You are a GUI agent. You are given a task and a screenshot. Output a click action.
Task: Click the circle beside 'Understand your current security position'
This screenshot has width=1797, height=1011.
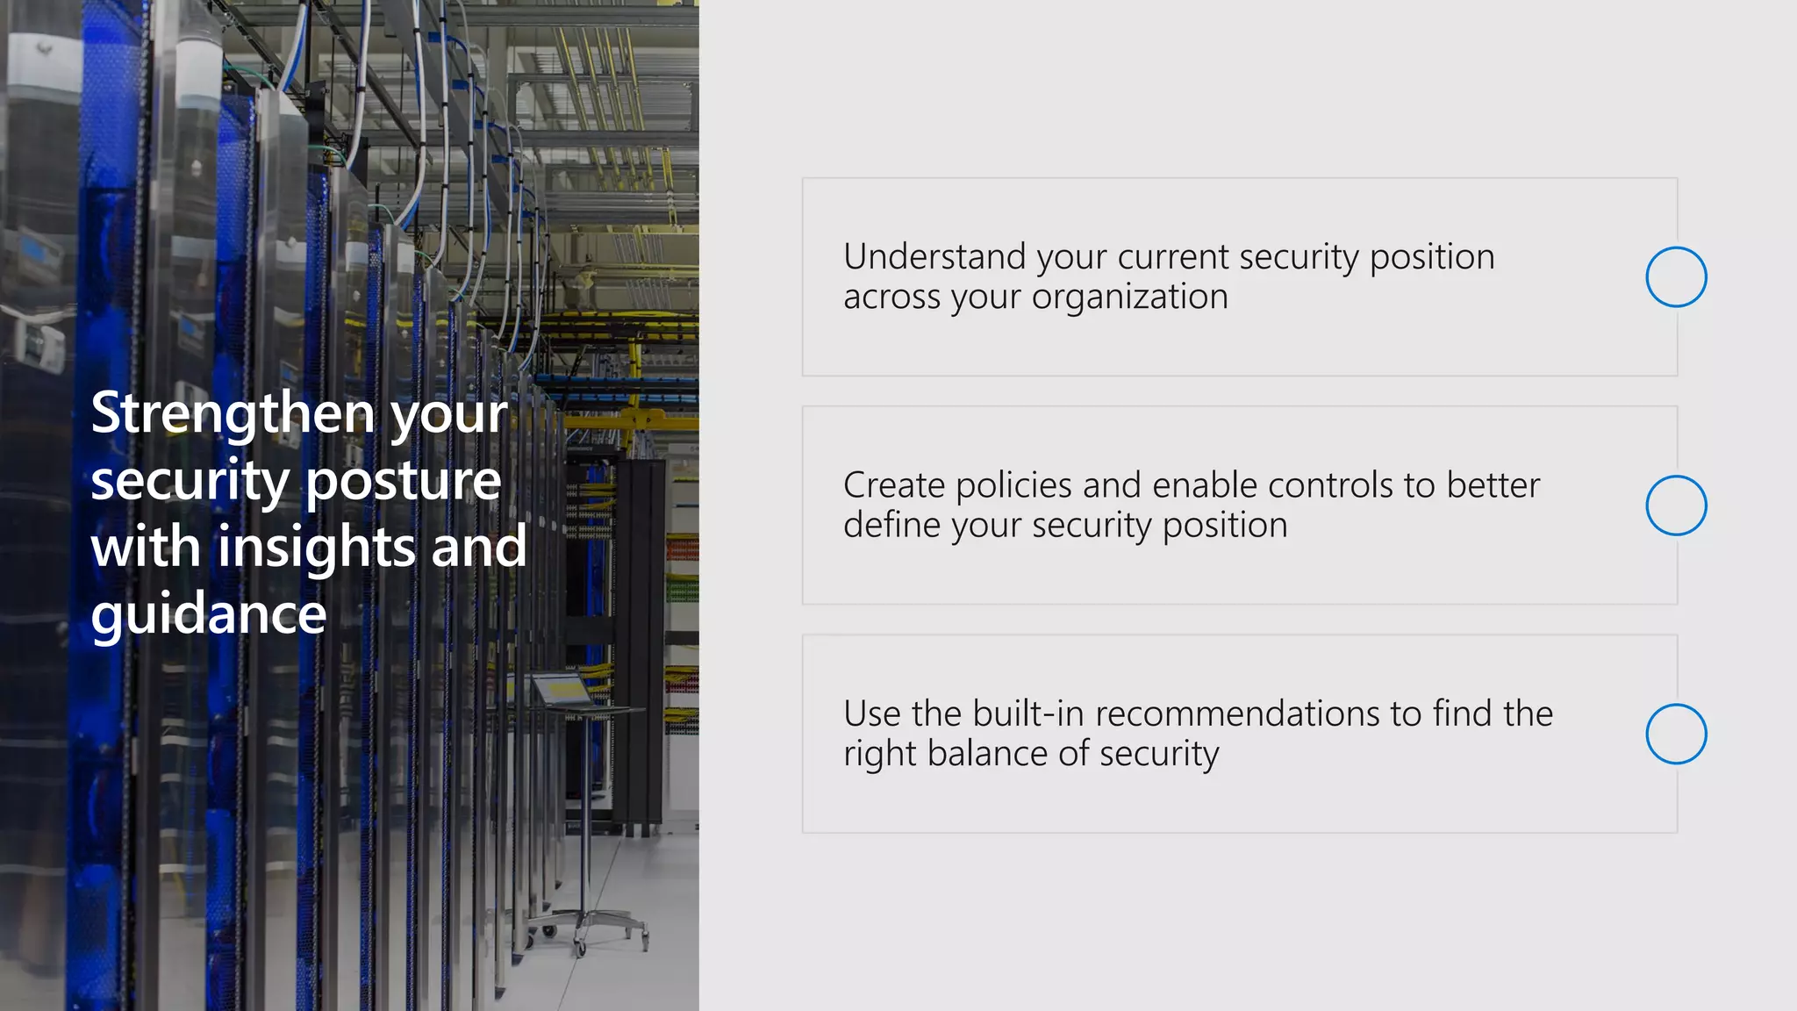point(1676,277)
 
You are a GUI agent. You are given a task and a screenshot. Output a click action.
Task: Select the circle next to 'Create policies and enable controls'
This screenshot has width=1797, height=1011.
point(1676,505)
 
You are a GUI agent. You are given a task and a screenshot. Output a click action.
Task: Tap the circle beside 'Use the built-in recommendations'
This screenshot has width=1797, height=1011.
point(1676,734)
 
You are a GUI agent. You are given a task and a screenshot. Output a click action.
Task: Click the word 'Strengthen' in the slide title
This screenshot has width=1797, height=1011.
point(233,413)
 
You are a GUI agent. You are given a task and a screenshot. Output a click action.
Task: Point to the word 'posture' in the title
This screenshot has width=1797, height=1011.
point(403,482)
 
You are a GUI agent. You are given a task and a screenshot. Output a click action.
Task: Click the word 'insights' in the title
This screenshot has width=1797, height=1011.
point(317,547)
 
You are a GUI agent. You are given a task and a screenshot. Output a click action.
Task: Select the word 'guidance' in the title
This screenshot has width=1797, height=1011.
point(209,614)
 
